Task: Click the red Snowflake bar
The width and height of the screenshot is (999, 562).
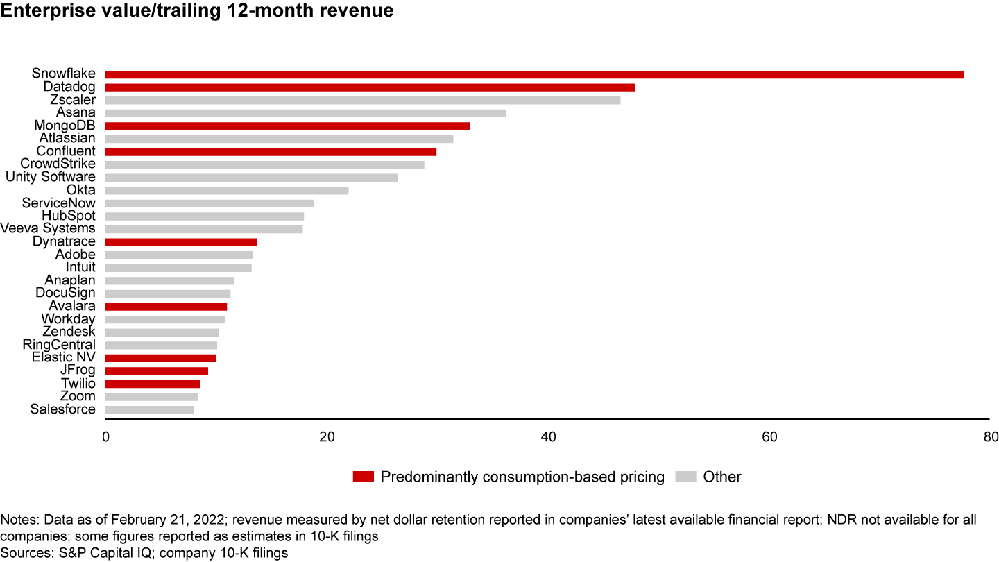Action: coord(534,74)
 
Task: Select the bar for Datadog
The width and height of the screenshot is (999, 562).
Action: coord(370,87)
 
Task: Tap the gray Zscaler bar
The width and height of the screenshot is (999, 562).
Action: coord(363,100)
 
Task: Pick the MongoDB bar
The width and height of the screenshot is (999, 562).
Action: coord(287,126)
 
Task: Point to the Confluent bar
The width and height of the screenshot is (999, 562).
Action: coord(271,152)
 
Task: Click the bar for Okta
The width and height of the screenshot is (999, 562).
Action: coord(227,190)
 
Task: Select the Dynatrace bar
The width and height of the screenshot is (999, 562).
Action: coord(181,242)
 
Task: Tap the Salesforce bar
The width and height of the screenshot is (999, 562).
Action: coord(150,409)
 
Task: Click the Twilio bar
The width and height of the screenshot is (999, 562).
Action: coord(153,384)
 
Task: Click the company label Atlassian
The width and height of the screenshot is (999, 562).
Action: coord(67,139)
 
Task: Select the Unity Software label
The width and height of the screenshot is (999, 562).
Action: coord(51,177)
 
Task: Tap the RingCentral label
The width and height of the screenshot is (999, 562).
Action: coord(59,345)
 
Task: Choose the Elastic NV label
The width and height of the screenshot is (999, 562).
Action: coord(64,357)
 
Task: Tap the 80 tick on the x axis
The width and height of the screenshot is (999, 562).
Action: coord(990,437)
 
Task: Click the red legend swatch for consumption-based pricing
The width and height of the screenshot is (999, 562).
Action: coord(364,477)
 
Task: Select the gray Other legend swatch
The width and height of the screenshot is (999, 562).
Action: coord(686,477)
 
